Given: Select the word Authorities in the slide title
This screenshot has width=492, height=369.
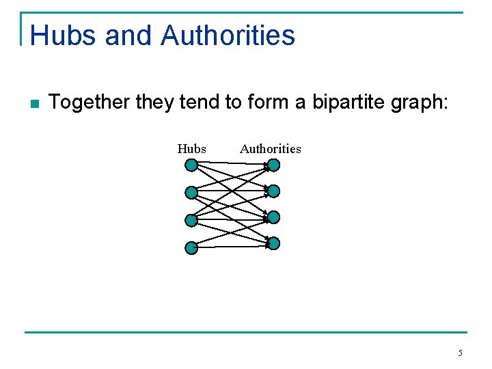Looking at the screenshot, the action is click(228, 36).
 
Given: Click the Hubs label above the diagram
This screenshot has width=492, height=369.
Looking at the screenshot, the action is click(191, 148).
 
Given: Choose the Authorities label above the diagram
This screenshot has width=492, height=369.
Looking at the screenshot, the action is click(271, 148).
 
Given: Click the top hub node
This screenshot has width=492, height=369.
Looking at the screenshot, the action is click(191, 165).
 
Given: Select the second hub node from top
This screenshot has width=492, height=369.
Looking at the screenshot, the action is click(191, 193).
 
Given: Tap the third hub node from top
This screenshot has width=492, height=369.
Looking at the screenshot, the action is click(191, 221).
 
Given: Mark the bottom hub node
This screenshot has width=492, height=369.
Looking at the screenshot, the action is click(191, 248).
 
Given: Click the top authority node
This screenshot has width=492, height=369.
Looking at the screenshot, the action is click(273, 165).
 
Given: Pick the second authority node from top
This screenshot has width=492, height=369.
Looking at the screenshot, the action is click(273, 191).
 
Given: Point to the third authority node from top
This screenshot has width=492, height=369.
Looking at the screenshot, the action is click(273, 217).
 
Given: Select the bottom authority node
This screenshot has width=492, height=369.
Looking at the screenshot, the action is click(273, 243).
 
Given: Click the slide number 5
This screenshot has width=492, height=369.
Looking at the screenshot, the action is click(460, 353).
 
